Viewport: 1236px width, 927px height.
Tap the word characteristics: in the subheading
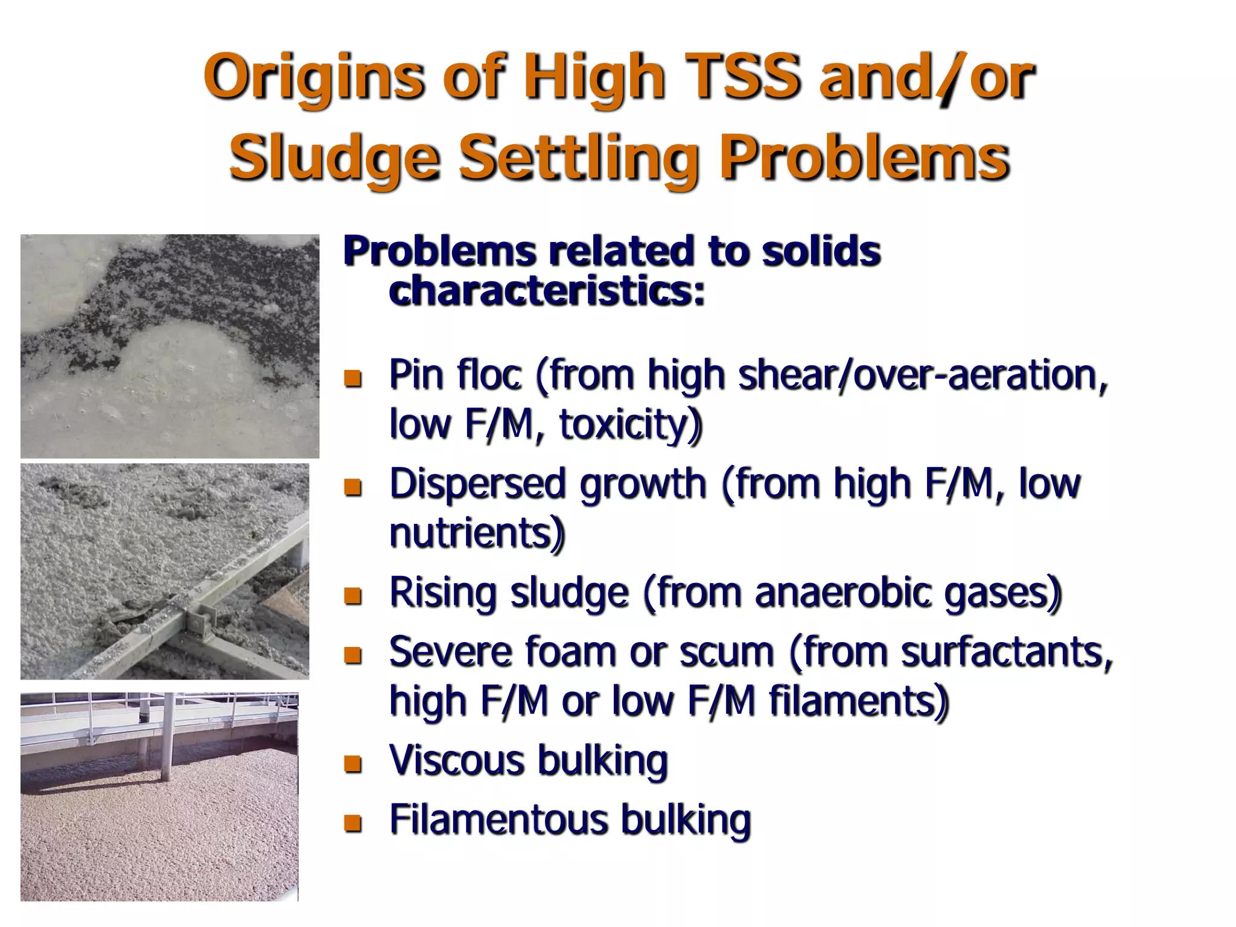[x=546, y=290]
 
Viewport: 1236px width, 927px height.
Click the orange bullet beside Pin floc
[x=352, y=378]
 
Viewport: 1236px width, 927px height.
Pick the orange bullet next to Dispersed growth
[x=352, y=486]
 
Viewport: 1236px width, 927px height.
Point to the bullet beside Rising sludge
[x=352, y=596]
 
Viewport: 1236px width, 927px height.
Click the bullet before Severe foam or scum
[x=352, y=655]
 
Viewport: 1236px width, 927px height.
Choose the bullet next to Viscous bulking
[x=352, y=763]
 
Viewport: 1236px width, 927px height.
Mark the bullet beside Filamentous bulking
[x=352, y=823]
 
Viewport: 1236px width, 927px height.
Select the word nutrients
[x=477, y=533]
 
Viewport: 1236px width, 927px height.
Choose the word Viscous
[x=457, y=760]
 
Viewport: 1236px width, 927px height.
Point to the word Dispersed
[x=481, y=483]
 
